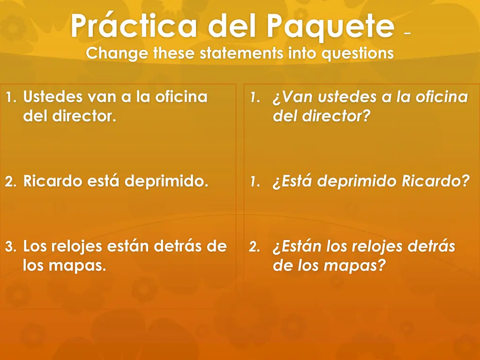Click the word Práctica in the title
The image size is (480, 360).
[134, 27]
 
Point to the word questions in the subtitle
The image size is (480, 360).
[357, 53]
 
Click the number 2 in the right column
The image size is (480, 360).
[253, 247]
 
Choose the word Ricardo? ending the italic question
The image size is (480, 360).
[435, 181]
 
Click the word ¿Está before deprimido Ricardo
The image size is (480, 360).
[292, 181]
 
